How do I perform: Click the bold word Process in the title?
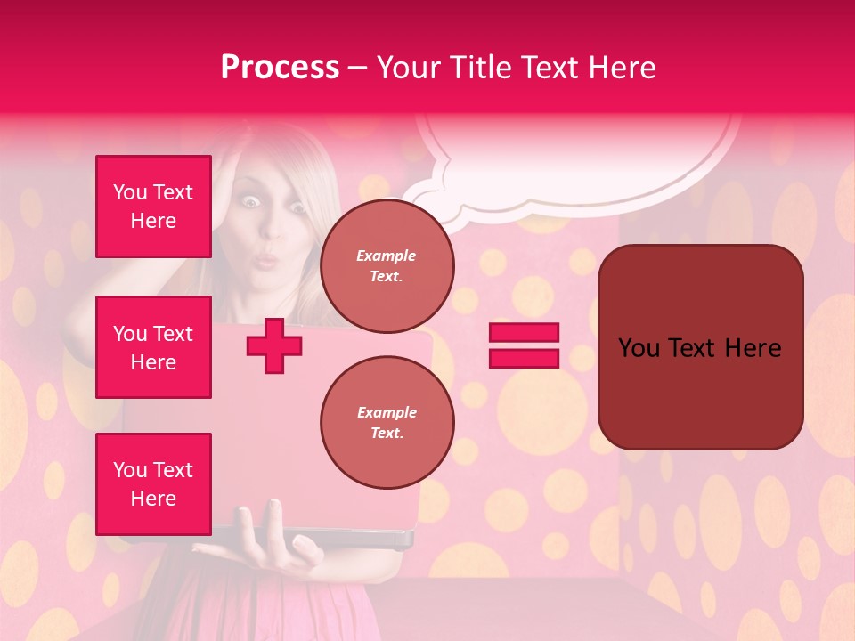click(280, 68)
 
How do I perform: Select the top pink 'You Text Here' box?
click(153, 207)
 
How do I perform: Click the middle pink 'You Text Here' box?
click(153, 347)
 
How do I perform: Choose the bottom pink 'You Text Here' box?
click(153, 484)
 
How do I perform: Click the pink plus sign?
click(274, 345)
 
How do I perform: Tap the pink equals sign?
click(524, 345)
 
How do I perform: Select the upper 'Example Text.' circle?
click(387, 266)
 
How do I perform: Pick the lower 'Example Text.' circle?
click(387, 423)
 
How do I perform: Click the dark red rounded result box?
click(700, 347)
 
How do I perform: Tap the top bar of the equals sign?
click(524, 333)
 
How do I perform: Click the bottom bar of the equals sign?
click(524, 358)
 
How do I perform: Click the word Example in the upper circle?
click(387, 256)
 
